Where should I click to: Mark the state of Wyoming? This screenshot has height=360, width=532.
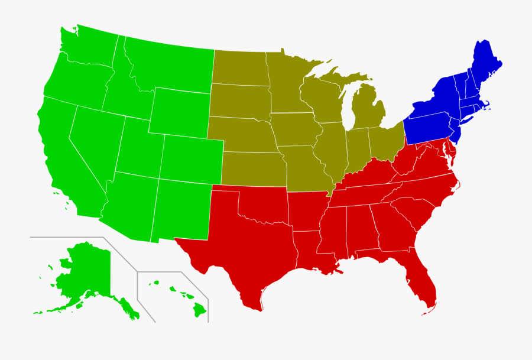click(x=177, y=112)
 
